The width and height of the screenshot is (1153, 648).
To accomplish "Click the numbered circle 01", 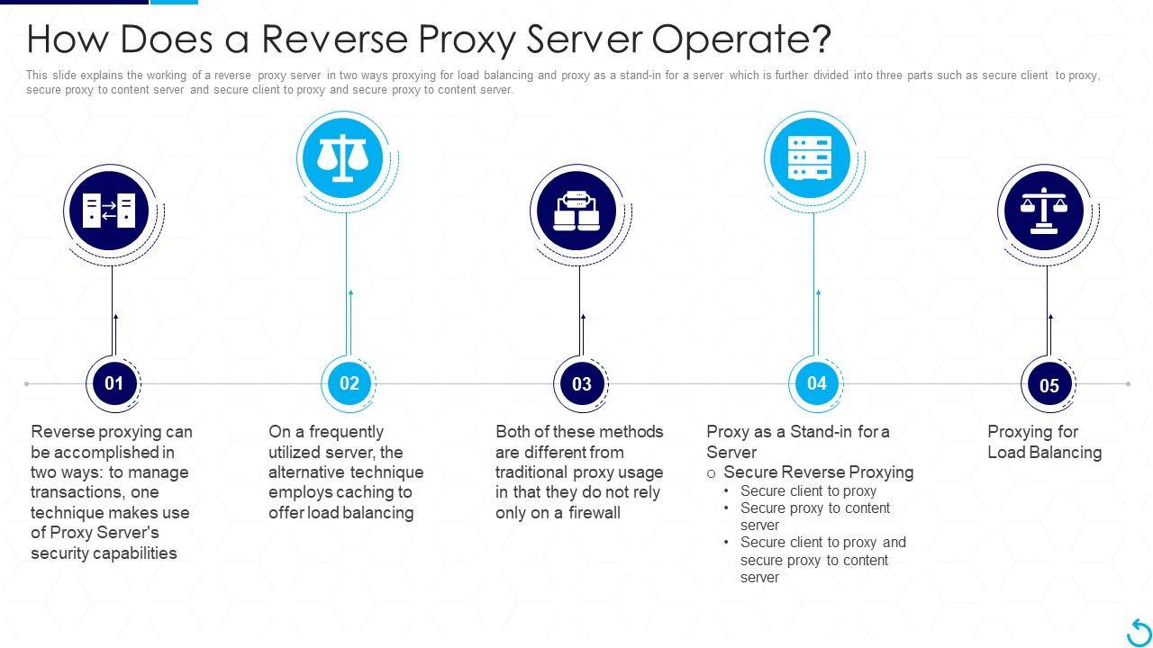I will coord(113,383).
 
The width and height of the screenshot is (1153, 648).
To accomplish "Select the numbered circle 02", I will coord(349,383).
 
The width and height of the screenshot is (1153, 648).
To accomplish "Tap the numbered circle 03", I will coord(581,384).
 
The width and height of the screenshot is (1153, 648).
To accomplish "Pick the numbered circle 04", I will coord(816,383).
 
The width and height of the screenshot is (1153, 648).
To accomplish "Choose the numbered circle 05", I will coord(1049,385).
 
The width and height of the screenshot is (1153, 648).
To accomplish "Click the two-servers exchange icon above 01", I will coord(110,211).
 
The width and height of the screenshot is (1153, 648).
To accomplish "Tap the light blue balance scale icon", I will coord(343,158).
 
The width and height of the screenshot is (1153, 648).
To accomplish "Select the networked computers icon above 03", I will coord(576,211).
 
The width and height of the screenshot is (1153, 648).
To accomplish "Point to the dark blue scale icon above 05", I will coord(1044,211).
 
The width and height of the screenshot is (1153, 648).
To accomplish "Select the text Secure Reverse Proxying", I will coord(818,472).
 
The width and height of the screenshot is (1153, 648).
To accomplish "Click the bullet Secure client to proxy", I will coord(808,491).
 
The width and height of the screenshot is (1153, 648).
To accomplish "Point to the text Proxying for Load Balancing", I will coord(1044,442).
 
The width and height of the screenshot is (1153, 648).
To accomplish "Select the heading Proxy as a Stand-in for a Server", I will coord(797,442).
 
